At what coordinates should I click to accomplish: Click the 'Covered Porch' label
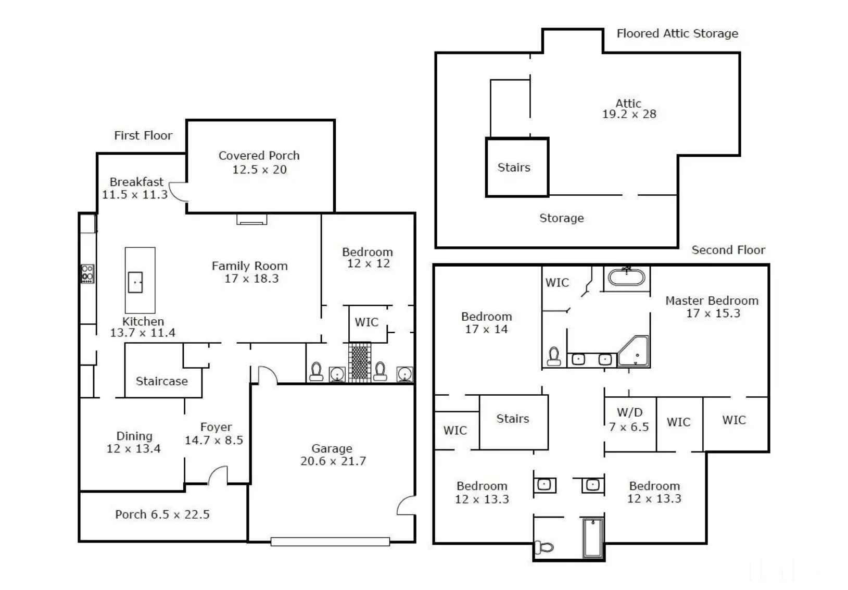pyautogui.click(x=259, y=156)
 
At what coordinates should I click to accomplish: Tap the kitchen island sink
pyautogui.click(x=135, y=282)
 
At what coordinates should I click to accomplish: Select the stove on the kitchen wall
pyautogui.click(x=87, y=274)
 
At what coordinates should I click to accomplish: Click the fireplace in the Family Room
pyautogui.click(x=251, y=219)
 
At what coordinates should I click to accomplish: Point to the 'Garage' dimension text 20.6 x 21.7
pyautogui.click(x=333, y=461)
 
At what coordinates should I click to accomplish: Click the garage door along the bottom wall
pyautogui.click(x=330, y=542)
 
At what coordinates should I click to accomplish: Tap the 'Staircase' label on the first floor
pyautogui.click(x=161, y=381)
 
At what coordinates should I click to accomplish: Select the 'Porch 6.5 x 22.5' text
pyautogui.click(x=162, y=514)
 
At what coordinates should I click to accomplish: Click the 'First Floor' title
pyautogui.click(x=143, y=135)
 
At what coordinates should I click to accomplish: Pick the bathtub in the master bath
pyautogui.click(x=626, y=277)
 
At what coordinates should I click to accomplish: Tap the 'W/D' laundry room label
pyautogui.click(x=629, y=412)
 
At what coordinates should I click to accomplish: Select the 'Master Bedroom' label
pyautogui.click(x=712, y=301)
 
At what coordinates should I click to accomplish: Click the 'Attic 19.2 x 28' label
pyautogui.click(x=629, y=109)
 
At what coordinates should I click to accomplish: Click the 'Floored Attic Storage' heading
pyautogui.click(x=677, y=33)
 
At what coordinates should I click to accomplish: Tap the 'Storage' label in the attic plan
pyautogui.click(x=561, y=218)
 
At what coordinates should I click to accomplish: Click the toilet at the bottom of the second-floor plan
pyautogui.click(x=543, y=547)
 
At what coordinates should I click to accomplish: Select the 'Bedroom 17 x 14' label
pyautogui.click(x=486, y=323)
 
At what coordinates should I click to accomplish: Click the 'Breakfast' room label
pyautogui.click(x=136, y=182)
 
